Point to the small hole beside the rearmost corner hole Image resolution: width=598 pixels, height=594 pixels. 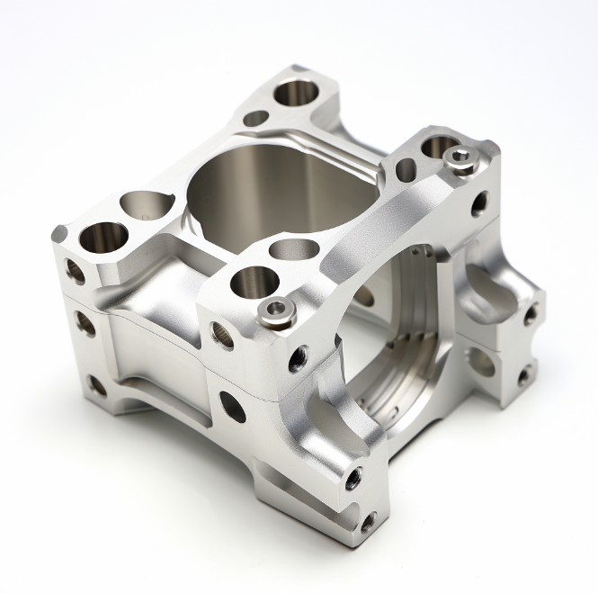coord(255,118)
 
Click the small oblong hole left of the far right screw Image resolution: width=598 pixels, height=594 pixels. coord(406,167)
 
